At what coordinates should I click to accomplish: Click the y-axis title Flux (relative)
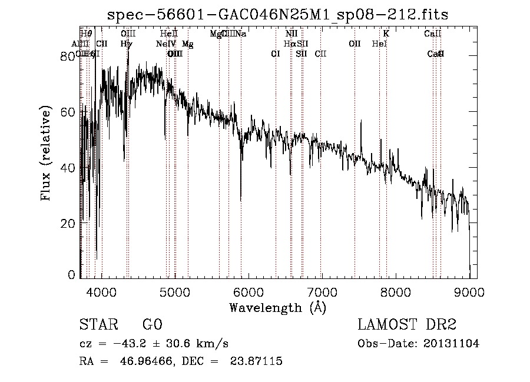pyautogui.click(x=45, y=154)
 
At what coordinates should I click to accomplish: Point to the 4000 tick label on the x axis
pyautogui.click(x=102, y=293)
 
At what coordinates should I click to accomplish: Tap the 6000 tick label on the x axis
pyautogui.click(x=249, y=293)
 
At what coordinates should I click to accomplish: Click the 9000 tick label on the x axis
pyautogui.click(x=469, y=293)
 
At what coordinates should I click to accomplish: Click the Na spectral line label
pyautogui.click(x=241, y=34)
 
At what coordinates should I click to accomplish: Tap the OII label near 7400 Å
pyautogui.click(x=355, y=44)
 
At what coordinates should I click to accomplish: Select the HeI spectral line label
pyautogui.click(x=380, y=44)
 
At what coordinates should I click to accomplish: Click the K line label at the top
pyautogui.click(x=386, y=34)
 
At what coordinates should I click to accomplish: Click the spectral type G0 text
pyautogui.click(x=152, y=325)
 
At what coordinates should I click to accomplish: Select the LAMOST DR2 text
pyautogui.click(x=407, y=325)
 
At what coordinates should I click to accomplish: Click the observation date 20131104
pyautogui.click(x=452, y=344)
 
